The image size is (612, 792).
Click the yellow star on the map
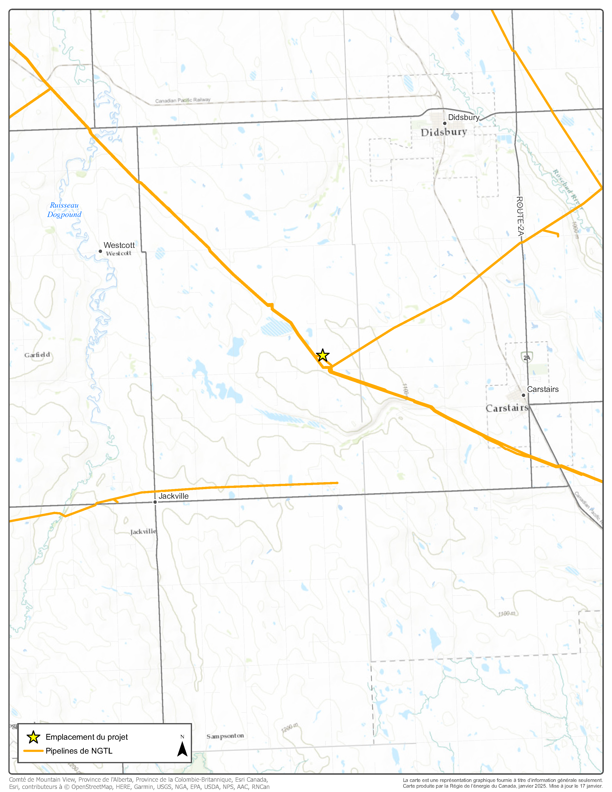click(322, 355)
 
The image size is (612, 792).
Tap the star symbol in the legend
click(33, 737)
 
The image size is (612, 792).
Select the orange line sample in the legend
click(33, 751)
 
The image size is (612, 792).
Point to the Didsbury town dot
click(444, 123)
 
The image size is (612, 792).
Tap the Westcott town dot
click(100, 251)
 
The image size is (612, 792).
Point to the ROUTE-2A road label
click(520, 216)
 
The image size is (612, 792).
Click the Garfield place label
click(37, 355)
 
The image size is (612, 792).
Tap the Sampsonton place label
click(225, 736)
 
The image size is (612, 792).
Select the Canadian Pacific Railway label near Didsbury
click(183, 101)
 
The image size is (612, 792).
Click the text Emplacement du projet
click(87, 737)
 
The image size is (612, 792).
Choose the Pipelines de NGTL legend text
click(79, 751)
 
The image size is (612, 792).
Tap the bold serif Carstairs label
click(507, 408)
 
